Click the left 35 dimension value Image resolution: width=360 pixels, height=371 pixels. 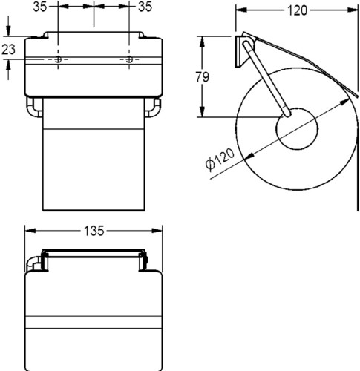[40, 7]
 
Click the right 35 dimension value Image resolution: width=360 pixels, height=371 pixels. [145, 7]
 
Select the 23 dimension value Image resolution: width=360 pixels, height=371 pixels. [9, 50]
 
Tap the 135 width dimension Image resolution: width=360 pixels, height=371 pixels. [94, 231]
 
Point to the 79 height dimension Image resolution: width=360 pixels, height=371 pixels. [203, 76]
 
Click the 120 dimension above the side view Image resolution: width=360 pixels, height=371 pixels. [298, 10]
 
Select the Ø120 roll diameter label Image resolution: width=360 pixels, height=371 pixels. [220, 160]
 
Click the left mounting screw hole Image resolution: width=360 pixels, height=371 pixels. [58, 59]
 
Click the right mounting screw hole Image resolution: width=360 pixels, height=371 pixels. [129, 59]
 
